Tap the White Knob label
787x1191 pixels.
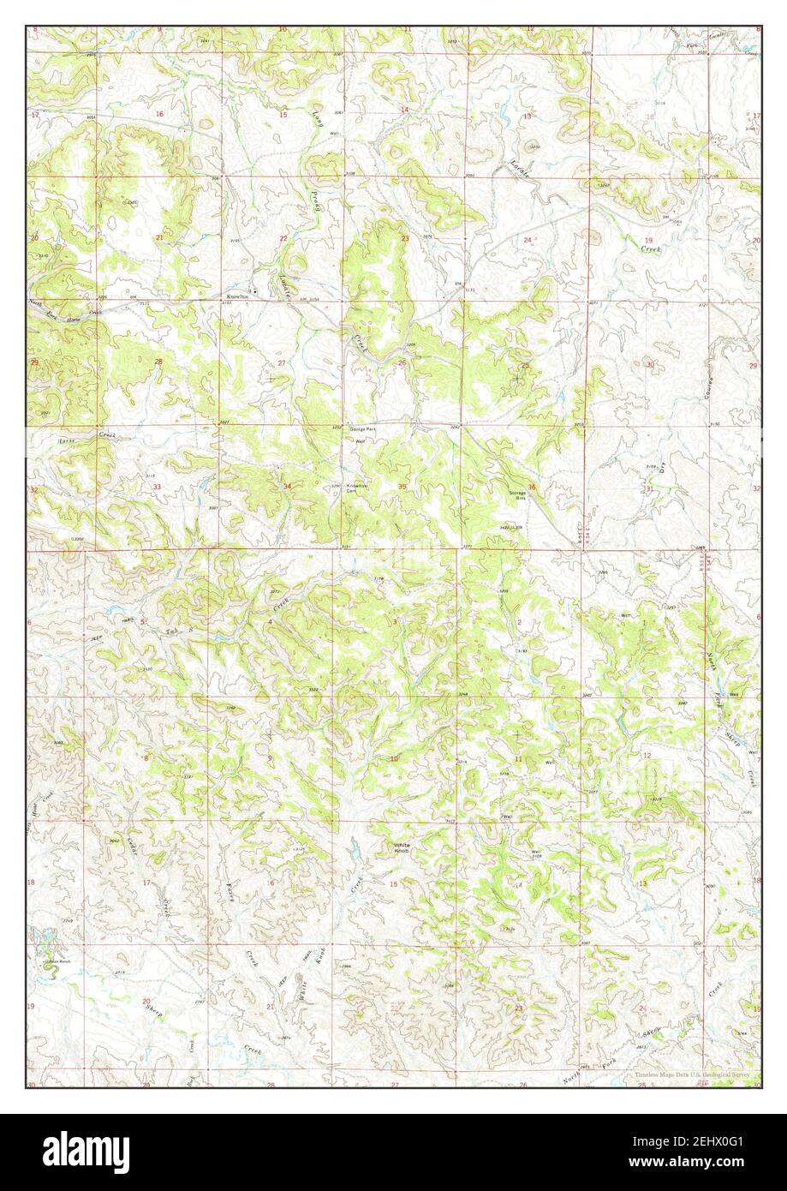click(402, 847)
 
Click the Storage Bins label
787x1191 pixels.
click(516, 494)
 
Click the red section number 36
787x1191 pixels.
click(532, 488)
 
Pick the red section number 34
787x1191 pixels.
click(288, 487)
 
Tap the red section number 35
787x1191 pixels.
click(402, 487)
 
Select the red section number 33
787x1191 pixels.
click(157, 487)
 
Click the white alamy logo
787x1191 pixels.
click(78, 1146)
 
